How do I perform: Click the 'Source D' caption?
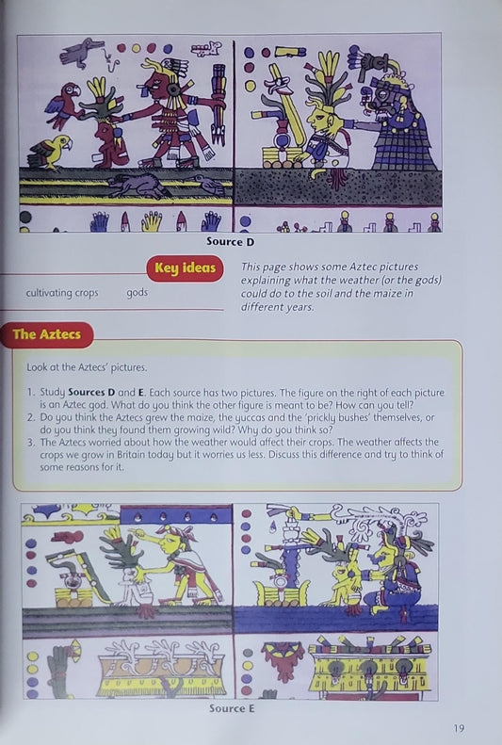coord(231,242)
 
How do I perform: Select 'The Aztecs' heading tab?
coord(46,333)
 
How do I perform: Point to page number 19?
coord(458,726)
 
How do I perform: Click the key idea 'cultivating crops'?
coord(62,293)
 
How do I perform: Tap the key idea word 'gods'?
coord(138,293)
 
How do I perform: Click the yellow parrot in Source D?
coord(51,151)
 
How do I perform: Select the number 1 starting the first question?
coord(30,391)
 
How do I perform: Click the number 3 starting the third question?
coord(30,442)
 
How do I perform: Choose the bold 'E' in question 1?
coord(127,391)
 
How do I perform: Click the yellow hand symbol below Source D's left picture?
coord(151,221)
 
